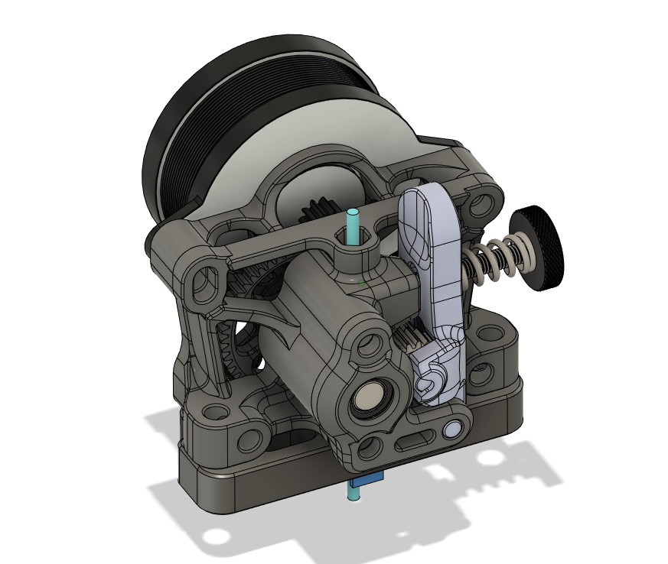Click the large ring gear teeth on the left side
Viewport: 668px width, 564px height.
pyautogui.click(x=230, y=348)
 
